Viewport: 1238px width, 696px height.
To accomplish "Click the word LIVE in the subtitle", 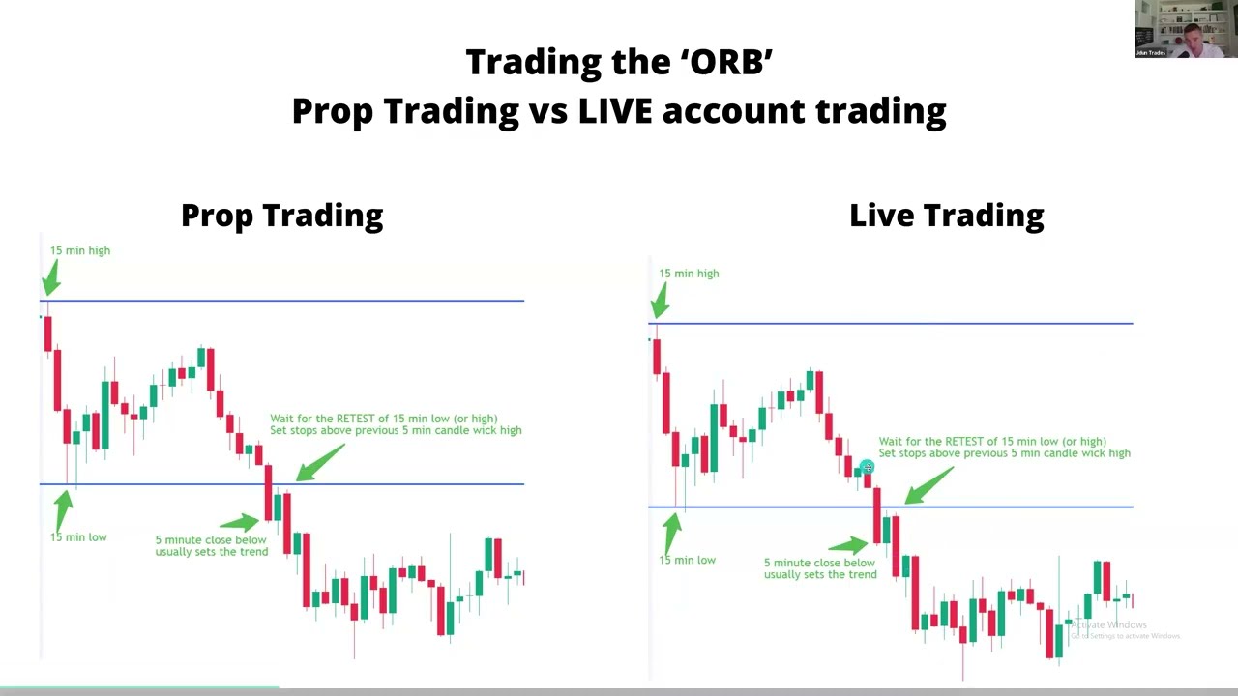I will coord(615,111).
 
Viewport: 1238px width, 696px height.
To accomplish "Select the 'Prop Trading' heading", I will coord(281,215).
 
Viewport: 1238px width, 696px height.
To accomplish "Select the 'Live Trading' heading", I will coord(946,215).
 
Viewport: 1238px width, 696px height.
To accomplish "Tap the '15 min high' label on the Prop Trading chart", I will coord(80,250).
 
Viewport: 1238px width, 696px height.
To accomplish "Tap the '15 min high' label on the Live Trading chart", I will coord(689,274).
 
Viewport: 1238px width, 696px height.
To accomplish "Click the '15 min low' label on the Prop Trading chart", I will coord(78,537).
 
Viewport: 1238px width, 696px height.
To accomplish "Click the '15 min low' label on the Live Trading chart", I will coord(687,561).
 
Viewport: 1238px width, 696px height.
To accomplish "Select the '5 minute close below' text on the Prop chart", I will coord(210,540).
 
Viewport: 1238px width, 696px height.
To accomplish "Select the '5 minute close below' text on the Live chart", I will coord(818,563).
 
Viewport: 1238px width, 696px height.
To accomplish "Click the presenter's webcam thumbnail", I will coord(1185,29).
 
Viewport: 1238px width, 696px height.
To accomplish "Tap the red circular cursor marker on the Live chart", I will coord(867,468).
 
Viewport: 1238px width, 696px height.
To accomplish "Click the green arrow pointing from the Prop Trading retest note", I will coord(319,463).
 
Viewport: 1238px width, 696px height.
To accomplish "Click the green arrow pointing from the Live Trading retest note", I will coord(928,486).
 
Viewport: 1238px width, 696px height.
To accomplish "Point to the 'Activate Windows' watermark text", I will coord(1108,625).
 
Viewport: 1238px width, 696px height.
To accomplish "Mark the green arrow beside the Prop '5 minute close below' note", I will coord(242,523).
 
